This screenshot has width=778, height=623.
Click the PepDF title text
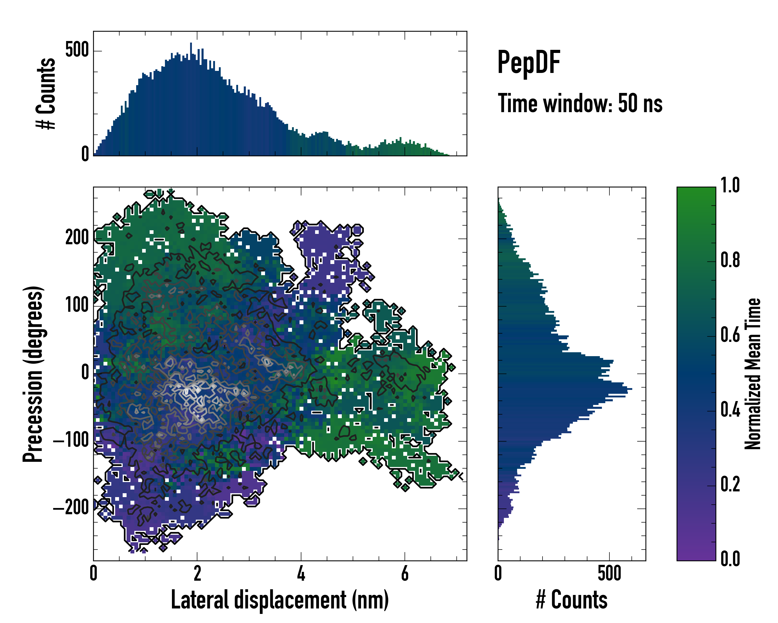(x=529, y=63)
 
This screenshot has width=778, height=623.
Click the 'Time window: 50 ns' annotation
(x=580, y=104)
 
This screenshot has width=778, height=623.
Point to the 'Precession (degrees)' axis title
(x=33, y=374)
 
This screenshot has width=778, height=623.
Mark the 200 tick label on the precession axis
(x=77, y=238)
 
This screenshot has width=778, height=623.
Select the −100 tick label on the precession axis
(x=71, y=441)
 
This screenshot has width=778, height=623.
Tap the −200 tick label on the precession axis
(x=71, y=508)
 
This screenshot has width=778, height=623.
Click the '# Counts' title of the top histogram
(x=46, y=93)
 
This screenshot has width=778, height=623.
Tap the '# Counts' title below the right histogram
(x=572, y=600)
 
